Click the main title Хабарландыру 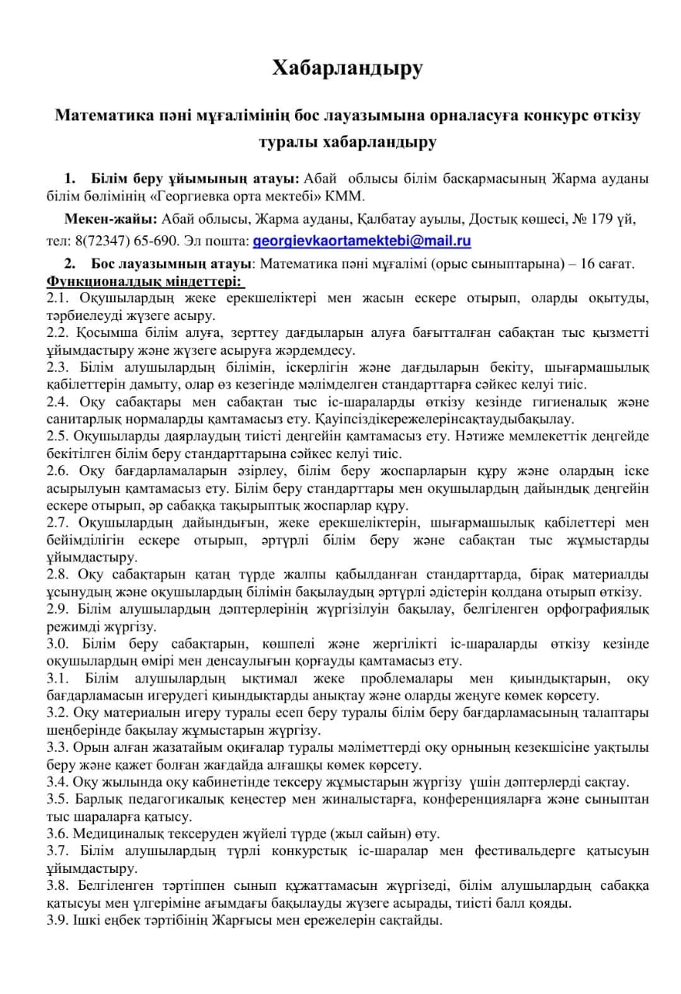347,68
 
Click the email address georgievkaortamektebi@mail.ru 362,241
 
